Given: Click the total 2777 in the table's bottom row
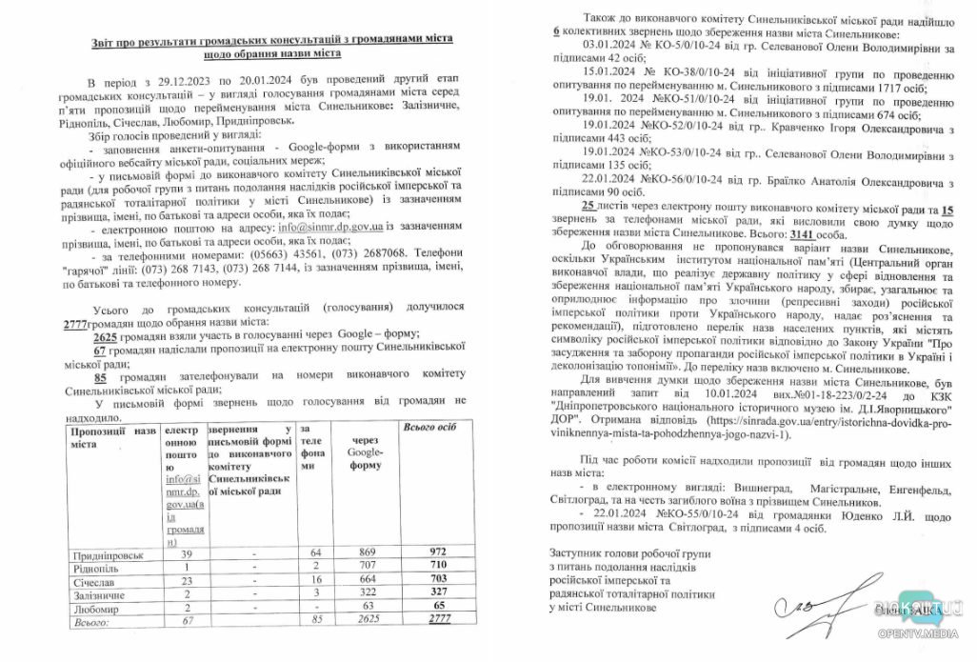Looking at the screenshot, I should pyautogui.click(x=439, y=619).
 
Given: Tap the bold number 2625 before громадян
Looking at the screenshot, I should pyautogui.click(x=111, y=336).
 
